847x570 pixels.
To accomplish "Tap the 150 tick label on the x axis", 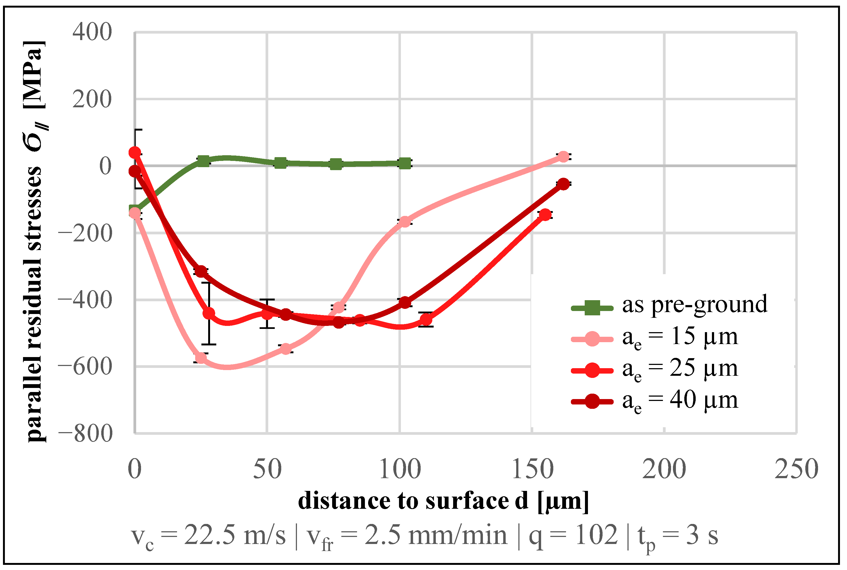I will (532, 469).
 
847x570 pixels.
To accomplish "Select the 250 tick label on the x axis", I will (796, 469).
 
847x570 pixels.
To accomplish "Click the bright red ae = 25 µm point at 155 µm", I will (545, 215).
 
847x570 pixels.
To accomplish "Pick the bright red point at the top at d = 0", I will (135, 152).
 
